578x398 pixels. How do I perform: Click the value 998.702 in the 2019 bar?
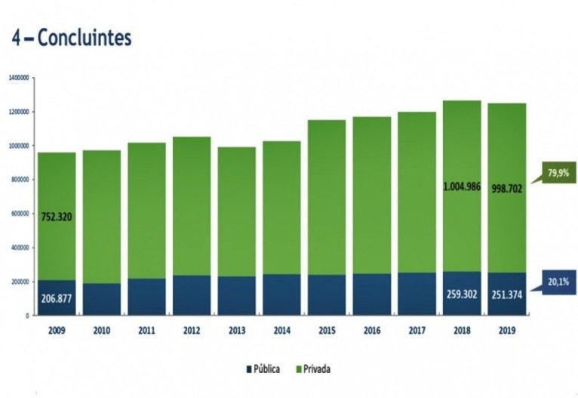point(506,188)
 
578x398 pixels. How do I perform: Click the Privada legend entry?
point(312,369)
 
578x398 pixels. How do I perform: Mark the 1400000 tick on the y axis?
point(17,78)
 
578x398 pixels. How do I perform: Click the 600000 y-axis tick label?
point(19,214)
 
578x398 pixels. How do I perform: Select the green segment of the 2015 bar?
point(326,196)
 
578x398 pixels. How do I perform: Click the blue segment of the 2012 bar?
point(191,295)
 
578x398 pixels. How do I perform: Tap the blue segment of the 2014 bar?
point(281,295)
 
